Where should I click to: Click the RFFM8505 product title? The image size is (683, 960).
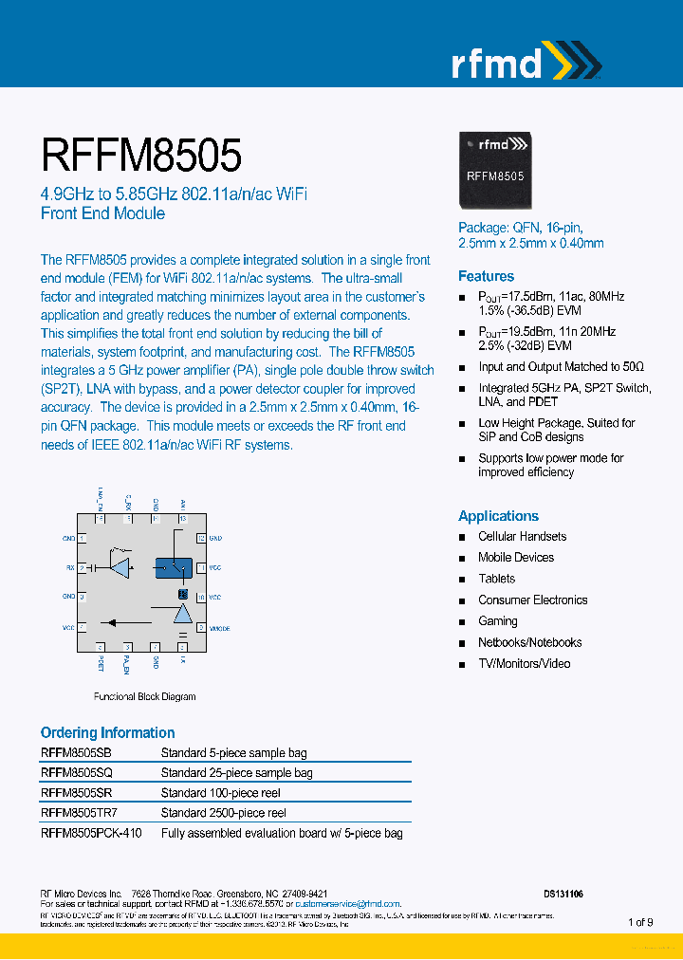click(141, 155)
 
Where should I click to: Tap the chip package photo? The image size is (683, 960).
click(496, 170)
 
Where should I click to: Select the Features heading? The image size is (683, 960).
click(486, 276)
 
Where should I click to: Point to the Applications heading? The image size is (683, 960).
click(498, 516)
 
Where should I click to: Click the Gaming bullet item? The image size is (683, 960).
click(498, 621)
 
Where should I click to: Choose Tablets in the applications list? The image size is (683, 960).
click(496, 579)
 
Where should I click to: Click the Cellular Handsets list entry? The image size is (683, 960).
click(522, 537)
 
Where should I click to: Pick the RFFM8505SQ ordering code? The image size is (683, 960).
click(77, 773)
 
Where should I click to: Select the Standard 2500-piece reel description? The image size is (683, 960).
click(223, 813)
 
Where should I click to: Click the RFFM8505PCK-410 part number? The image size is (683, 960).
click(92, 834)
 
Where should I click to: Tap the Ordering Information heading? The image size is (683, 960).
click(107, 732)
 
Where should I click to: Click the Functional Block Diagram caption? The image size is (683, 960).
click(144, 696)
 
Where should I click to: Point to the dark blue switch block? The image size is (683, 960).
click(173, 566)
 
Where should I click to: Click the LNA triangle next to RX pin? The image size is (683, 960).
click(120, 567)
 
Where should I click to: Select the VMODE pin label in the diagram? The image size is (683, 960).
click(219, 629)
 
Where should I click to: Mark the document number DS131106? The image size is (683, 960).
click(563, 894)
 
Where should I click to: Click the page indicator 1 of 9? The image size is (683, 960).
click(640, 922)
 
